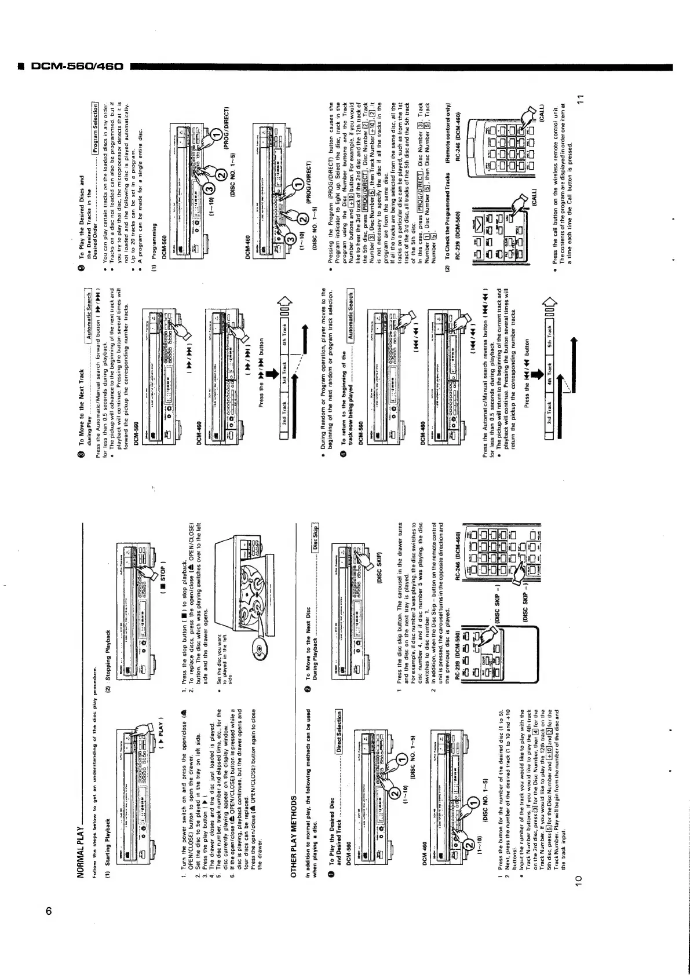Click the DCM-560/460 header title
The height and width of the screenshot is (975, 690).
click(x=68, y=67)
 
